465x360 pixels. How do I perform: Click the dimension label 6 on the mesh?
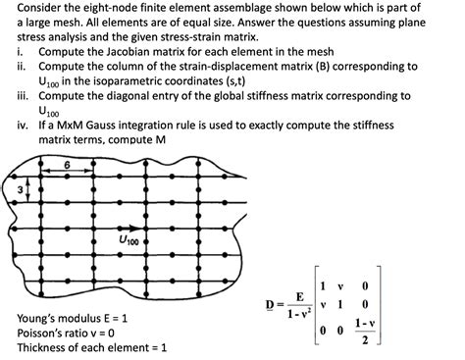[95, 165]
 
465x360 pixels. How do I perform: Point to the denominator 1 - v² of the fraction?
[299, 314]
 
